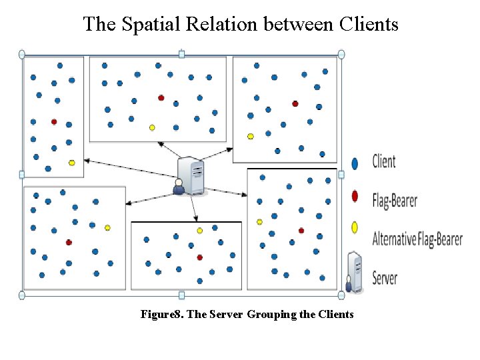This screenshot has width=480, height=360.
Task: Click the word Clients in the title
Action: pos(369,24)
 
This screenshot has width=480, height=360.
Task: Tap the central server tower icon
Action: pos(192,175)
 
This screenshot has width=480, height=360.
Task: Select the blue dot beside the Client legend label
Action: pos(355,162)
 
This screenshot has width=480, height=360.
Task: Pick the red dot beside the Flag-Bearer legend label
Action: pos(355,196)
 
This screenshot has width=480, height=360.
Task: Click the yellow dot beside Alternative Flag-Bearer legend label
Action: pos(355,228)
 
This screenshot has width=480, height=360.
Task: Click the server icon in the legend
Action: pos(355,271)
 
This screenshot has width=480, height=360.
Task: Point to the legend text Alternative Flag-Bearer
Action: pos(417,239)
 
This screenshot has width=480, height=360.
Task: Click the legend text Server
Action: pos(385,277)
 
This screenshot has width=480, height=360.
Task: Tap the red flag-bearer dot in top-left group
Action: pos(54,122)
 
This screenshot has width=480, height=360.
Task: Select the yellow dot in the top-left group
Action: pos(71,163)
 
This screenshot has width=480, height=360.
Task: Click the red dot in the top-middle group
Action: pos(161,98)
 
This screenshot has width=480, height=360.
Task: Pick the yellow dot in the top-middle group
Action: pos(152,127)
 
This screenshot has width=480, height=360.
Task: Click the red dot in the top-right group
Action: pos(295,103)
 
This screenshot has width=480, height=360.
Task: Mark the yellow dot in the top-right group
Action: pos(251,137)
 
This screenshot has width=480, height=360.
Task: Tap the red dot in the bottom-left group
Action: pos(69,242)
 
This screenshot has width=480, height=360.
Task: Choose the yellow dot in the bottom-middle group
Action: pos(199,231)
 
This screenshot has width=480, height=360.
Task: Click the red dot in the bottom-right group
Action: pos(301,231)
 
